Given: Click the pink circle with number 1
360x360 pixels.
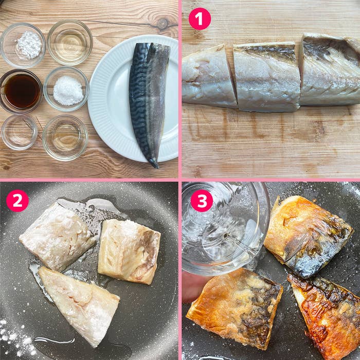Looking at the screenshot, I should (x=200, y=19).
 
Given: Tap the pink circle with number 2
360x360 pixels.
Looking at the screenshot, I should (x=17, y=201).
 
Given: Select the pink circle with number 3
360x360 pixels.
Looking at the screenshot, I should (x=202, y=201).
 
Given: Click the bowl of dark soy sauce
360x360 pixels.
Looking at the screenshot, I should (x=21, y=91).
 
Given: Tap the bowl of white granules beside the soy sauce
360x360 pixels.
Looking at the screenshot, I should (x=67, y=89).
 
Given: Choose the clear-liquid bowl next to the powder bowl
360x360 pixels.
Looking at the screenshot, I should (x=70, y=42).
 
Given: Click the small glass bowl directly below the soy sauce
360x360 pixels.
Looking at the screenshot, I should (x=19, y=132).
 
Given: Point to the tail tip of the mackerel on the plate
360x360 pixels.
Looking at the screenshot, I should (x=154, y=164).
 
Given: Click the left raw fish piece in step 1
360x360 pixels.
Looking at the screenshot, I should (x=208, y=77).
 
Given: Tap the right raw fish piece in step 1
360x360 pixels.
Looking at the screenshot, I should (x=329, y=69).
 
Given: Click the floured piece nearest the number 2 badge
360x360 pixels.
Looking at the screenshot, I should (x=57, y=237).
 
